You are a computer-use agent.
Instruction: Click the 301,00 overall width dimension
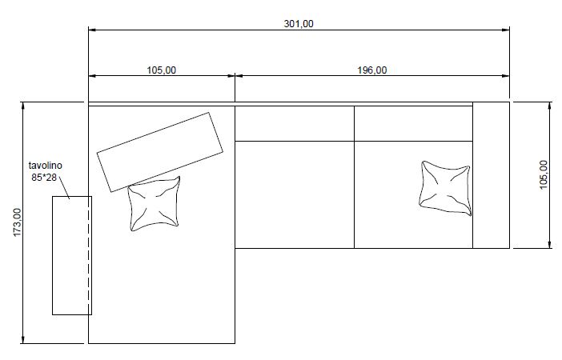click(299, 24)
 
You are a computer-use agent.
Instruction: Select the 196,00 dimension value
click(372, 70)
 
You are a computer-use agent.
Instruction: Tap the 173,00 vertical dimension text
click(17, 222)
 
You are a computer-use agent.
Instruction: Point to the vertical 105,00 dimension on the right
click(544, 174)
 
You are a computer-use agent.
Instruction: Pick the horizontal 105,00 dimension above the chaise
click(162, 70)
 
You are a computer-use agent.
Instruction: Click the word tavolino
click(45, 166)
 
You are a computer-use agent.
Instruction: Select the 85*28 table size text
click(44, 178)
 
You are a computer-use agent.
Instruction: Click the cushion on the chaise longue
click(155, 203)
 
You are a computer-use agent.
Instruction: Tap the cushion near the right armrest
click(445, 188)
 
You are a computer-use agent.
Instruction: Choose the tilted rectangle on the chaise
click(160, 152)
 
